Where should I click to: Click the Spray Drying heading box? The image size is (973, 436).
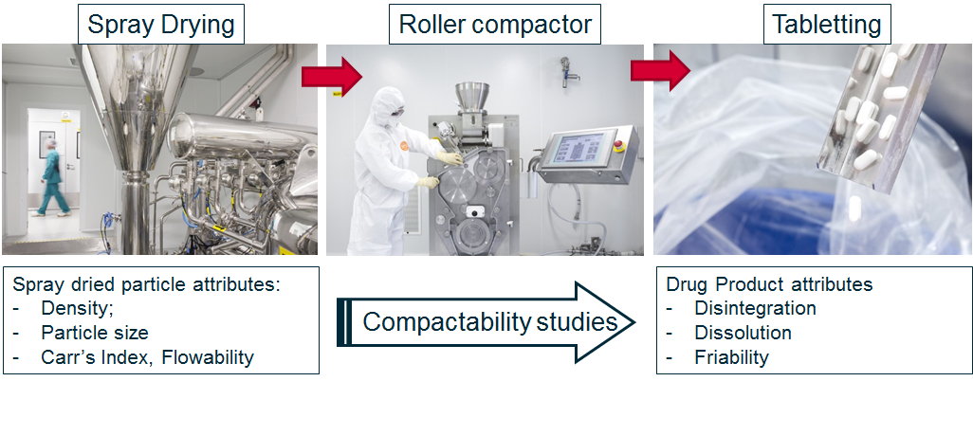point(161,25)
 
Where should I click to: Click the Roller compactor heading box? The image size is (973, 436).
point(495,25)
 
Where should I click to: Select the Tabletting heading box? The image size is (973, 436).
point(827,25)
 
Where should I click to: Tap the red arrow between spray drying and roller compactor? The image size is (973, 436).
point(332,76)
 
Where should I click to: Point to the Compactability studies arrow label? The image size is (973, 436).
point(490,321)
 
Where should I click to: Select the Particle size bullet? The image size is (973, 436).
point(94,333)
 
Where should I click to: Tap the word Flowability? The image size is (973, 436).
point(208,357)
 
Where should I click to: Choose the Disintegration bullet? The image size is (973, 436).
point(755,308)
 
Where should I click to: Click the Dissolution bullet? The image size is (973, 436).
point(743,333)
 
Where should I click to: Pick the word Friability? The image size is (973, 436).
point(731,357)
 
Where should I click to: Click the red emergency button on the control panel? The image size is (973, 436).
point(618,147)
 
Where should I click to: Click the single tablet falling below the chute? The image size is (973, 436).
point(855,209)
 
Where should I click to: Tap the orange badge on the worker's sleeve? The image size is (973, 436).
point(404,146)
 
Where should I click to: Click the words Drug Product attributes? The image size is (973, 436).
point(769,284)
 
